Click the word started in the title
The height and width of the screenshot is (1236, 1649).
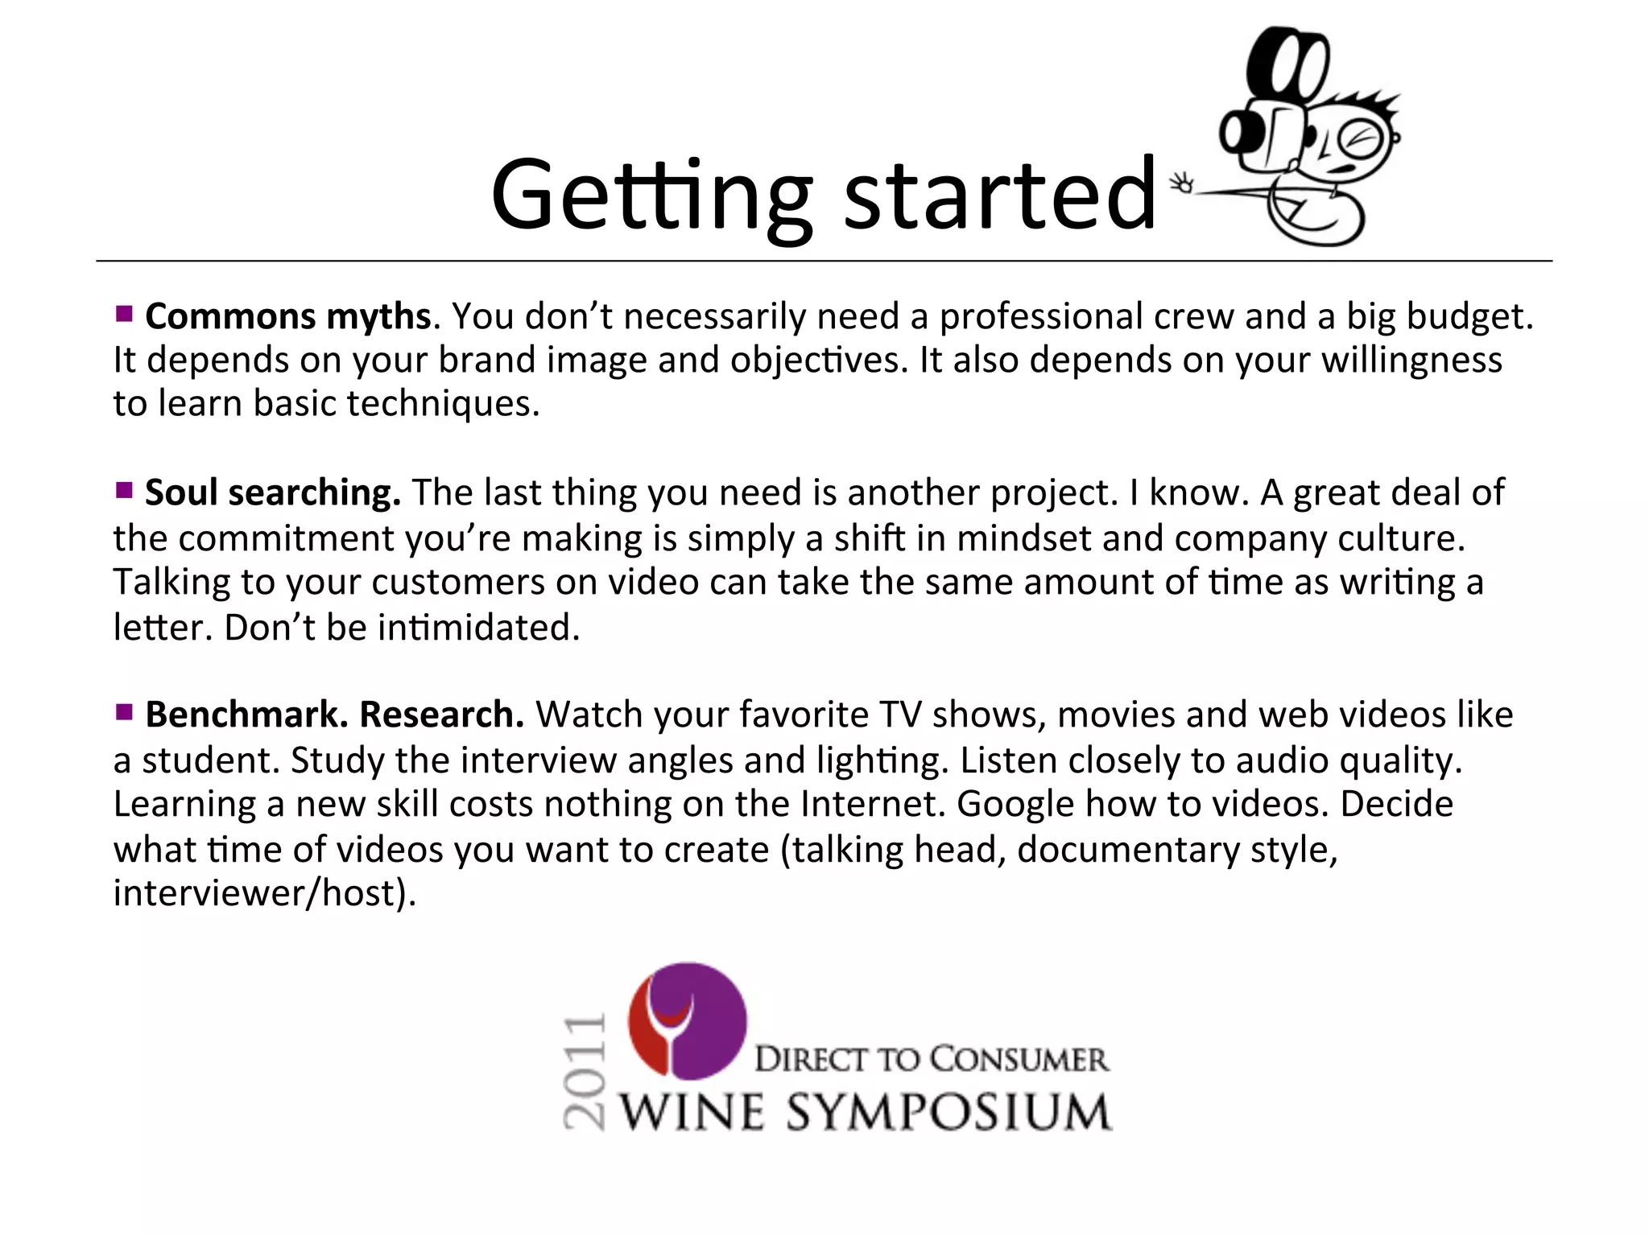pyautogui.click(x=999, y=196)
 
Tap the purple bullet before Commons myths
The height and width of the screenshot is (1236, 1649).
pyautogui.click(x=123, y=314)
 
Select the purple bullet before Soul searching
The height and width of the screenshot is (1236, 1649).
pyautogui.click(x=123, y=490)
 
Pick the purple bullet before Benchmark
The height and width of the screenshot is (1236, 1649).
pyautogui.click(x=123, y=712)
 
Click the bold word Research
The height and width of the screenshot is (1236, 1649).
pyautogui.click(x=440, y=715)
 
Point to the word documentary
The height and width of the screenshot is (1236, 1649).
pyautogui.click(x=1128, y=850)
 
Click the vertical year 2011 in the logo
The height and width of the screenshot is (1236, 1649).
pyautogui.click(x=584, y=1073)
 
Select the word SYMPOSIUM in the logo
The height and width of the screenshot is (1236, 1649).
pyautogui.click(x=948, y=1114)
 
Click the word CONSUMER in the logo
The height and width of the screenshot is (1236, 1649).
pyautogui.click(x=1010, y=1059)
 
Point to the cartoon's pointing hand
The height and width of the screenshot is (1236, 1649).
pyautogui.click(x=1183, y=183)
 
